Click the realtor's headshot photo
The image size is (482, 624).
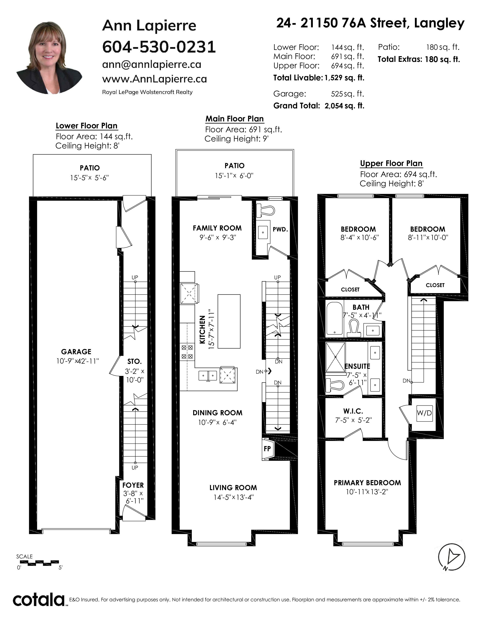pyautogui.click(x=49, y=58)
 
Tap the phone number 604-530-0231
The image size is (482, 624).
pyautogui.click(x=159, y=47)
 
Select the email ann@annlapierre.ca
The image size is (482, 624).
pyautogui.click(x=152, y=64)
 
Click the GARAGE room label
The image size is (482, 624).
pyautogui.click(x=76, y=352)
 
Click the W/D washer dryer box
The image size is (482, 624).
pyautogui.click(x=424, y=413)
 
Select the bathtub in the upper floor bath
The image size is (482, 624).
pyautogui.click(x=334, y=319)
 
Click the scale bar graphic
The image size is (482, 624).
pyautogui.click(x=39, y=563)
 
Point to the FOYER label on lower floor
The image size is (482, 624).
pyautogui.click(x=133, y=485)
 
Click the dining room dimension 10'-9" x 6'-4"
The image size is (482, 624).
pyautogui.click(x=217, y=422)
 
